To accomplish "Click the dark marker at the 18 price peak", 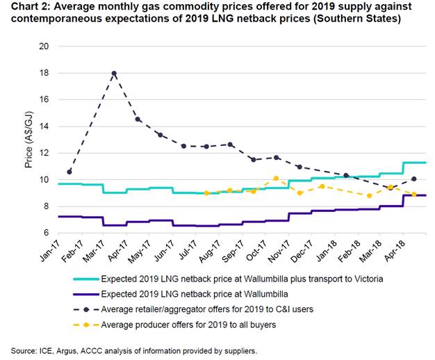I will click(114, 73).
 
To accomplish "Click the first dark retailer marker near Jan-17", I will click(69, 171).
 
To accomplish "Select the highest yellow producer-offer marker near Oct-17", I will click(276, 179).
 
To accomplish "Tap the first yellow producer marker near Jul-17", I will click(206, 193).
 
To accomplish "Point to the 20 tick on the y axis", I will click(44, 47).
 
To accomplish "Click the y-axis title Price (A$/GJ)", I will click(28, 140).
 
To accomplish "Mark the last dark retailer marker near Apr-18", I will click(414, 179).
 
